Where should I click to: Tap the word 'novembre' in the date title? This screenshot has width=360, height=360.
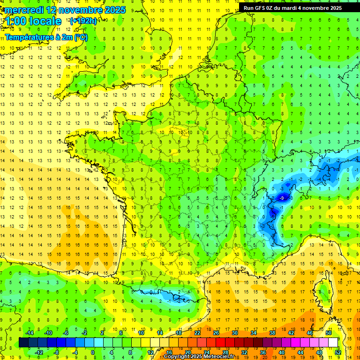[x=83, y=10]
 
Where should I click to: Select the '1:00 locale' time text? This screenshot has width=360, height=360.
[x=33, y=21]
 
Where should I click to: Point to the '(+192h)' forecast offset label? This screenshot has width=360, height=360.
[x=83, y=21]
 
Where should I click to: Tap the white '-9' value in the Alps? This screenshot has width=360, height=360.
[x=282, y=198]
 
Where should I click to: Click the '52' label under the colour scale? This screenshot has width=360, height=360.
[x=338, y=352]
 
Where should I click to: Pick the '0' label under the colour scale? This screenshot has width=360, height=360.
[x=93, y=352]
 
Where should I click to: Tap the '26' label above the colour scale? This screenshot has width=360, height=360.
[x=216, y=333]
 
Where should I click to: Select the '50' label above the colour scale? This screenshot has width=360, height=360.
[x=329, y=333]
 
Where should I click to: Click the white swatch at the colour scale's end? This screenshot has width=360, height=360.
[x=333, y=343]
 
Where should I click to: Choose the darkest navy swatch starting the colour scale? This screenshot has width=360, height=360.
[x=23, y=343]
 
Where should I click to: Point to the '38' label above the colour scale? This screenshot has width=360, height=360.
[x=272, y=333]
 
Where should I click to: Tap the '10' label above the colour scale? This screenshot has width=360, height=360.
[x=141, y=333]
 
